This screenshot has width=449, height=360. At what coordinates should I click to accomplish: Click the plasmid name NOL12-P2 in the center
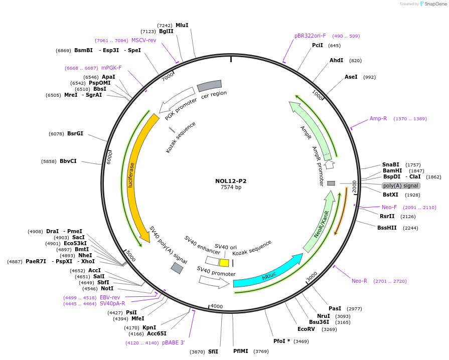[x=231, y=181]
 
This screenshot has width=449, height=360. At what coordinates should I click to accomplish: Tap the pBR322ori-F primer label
[x=310, y=36]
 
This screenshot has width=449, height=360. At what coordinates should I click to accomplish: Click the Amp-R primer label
[x=378, y=119]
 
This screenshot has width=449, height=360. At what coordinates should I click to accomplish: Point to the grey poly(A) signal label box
[x=401, y=186]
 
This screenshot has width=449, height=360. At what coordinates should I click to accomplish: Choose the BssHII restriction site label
[x=387, y=228]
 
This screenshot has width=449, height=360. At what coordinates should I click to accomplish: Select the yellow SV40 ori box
[x=224, y=263]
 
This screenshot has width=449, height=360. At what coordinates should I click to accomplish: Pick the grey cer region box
[x=209, y=86]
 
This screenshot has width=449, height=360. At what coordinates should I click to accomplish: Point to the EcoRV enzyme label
[x=306, y=329]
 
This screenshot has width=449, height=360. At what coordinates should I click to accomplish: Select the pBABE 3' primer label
[x=174, y=343]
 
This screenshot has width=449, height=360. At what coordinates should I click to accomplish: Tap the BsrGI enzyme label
[x=75, y=134]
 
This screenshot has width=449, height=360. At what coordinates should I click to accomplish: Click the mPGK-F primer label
[x=111, y=68]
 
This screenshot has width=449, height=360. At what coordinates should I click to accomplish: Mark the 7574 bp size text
[x=231, y=188]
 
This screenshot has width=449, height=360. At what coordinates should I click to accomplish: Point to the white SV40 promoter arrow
[x=214, y=281]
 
